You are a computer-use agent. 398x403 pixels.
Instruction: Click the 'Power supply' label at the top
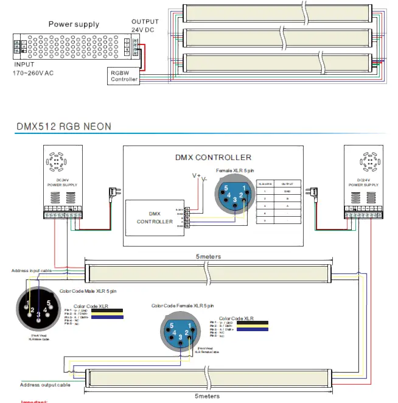(74, 24)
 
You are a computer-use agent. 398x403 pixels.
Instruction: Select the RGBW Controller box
(124, 75)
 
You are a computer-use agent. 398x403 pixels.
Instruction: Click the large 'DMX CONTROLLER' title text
(213, 158)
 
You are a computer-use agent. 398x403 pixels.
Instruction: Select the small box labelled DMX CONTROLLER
(154, 217)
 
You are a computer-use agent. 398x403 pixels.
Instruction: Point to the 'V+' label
(196, 175)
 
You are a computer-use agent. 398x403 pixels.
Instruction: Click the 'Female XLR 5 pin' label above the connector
(236, 170)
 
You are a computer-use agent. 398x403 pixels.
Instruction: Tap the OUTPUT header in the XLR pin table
(287, 183)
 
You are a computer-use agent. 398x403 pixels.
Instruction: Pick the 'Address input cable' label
(36, 270)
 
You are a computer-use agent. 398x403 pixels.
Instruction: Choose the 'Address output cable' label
(45, 385)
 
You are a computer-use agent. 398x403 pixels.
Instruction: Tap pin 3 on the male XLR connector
(39, 314)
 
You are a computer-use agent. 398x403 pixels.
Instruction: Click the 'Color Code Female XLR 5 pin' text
(183, 306)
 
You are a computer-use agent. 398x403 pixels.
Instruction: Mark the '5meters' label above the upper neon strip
(209, 257)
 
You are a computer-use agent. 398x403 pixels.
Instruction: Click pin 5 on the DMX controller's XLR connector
(225, 188)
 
